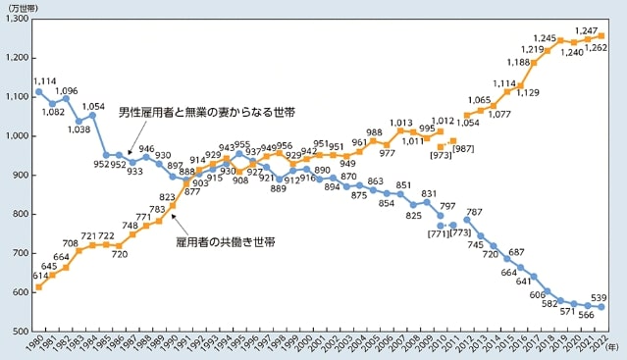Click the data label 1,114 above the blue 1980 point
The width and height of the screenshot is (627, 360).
click(42, 80)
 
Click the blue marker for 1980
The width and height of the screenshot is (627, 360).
click(38, 91)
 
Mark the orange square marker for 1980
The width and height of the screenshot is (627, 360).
click(38, 287)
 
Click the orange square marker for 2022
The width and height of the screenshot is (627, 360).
click(601, 35)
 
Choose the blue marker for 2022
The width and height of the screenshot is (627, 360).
click(601, 307)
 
